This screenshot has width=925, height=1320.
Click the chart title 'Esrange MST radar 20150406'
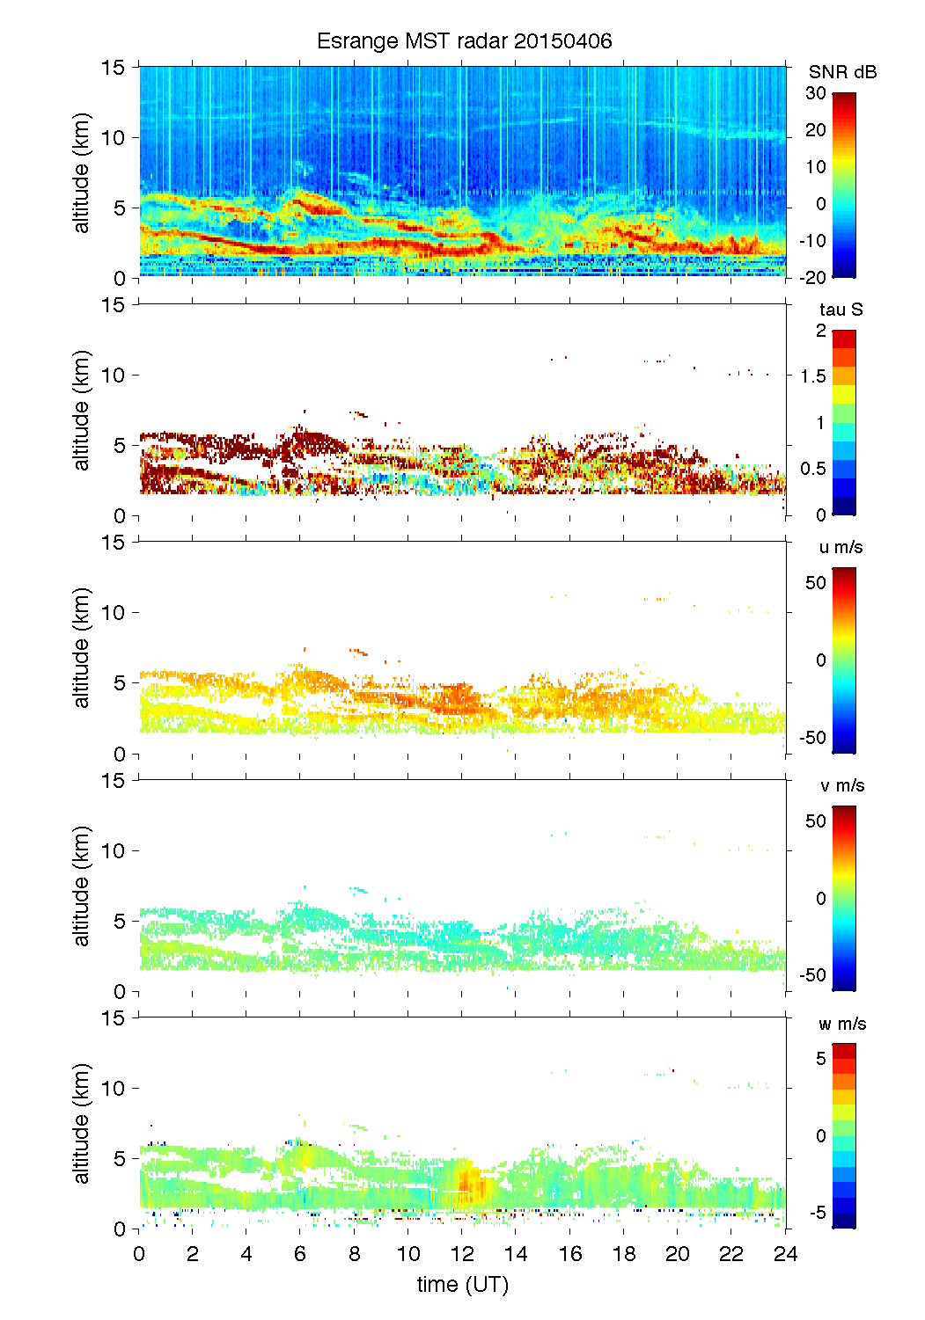pos(464,41)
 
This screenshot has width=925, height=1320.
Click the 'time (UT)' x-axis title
pos(463,1284)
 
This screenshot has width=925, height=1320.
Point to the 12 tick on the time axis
pos(462,1254)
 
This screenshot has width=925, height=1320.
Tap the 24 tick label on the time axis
pos(785,1254)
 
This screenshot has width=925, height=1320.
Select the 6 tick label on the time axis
pos(300,1254)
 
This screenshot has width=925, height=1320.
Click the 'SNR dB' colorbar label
pos(842,72)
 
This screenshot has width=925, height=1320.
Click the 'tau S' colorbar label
pos(841,310)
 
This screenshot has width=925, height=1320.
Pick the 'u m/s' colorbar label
pos(841,547)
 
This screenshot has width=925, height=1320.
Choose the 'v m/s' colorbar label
pos(841,785)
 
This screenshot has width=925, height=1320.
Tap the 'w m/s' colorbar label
pos(842,1024)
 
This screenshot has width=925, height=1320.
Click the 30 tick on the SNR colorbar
pos(816,93)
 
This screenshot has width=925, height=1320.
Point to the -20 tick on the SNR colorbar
pos(812,278)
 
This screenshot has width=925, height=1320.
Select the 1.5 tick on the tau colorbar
pos(812,376)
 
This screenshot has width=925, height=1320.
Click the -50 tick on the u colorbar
pos(812,737)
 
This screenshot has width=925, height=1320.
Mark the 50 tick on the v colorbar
pos(816,821)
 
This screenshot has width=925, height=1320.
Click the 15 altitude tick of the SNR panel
pos(114,67)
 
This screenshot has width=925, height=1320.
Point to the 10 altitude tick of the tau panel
pos(114,376)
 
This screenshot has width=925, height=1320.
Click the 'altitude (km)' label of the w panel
pos(82,1123)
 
